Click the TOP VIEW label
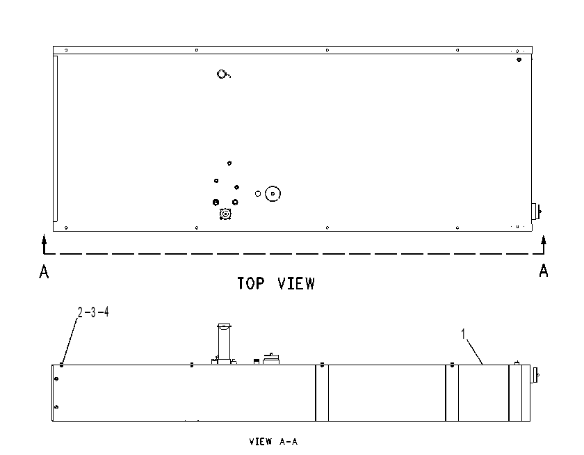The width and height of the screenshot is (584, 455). point(276,284)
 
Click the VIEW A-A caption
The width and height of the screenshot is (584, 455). point(273,442)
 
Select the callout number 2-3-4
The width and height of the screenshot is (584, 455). point(93,312)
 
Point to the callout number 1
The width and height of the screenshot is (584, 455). point(463,334)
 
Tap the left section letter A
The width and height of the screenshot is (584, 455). point(44,271)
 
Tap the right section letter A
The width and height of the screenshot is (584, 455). point(544,271)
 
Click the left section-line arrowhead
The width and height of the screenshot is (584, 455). point(44,239)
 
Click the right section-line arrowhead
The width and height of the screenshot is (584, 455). point(544,240)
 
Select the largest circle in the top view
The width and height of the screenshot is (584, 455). point(273,186)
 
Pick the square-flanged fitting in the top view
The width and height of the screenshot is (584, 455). point(225,214)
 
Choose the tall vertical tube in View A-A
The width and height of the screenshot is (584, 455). point(224,342)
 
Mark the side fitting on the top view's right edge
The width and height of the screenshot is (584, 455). point(536,211)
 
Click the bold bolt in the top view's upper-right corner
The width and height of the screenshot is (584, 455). point(519,60)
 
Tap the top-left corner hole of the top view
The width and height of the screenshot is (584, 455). point(66,50)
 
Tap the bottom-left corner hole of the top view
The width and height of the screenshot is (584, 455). point(66,227)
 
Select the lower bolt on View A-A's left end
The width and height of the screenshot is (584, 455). point(56,407)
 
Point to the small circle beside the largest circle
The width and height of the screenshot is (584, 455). point(258,194)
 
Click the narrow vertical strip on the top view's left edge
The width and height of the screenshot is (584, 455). point(56,138)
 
